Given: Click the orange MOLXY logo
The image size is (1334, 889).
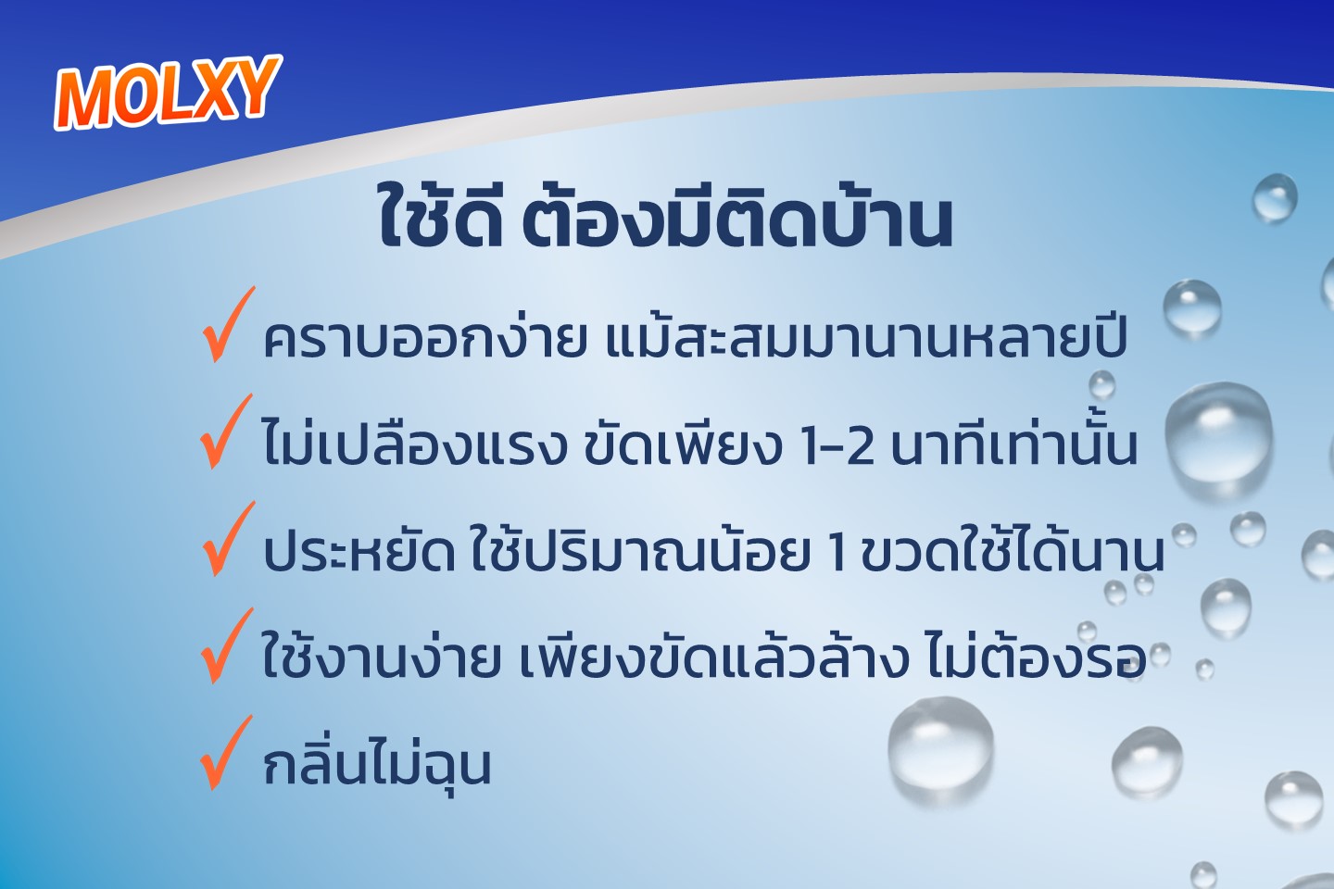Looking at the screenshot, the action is pos(168,93).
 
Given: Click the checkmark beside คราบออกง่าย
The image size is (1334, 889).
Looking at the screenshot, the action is pos(227,324).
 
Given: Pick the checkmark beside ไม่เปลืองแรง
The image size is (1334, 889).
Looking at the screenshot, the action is pos(226,432).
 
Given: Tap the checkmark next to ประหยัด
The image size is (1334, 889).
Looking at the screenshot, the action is pos(227,538).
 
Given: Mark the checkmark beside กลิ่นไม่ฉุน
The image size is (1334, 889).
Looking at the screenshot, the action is pos(226,752).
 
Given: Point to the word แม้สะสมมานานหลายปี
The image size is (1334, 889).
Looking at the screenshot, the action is pos(866,336).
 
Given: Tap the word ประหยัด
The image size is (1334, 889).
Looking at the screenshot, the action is pos(359,551).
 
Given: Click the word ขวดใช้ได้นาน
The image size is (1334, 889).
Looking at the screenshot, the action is pos(1013,548).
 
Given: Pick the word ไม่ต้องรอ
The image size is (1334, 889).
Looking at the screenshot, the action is pos(1036,656).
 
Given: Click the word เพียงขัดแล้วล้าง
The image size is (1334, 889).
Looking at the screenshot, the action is pos(714,656).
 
